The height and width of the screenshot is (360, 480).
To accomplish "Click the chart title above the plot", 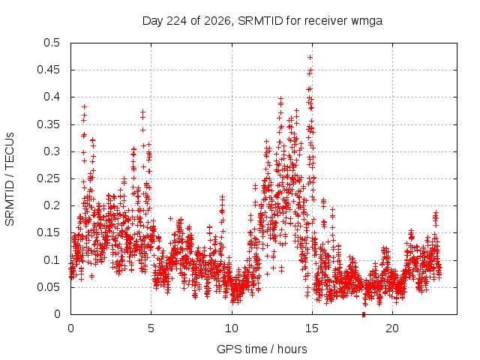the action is (x=262, y=21).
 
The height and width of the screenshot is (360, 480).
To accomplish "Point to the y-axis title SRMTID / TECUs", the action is (x=10, y=179).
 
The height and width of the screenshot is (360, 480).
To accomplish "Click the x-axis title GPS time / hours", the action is (x=262, y=349).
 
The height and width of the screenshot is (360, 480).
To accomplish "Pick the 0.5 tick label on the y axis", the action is (x=52, y=43).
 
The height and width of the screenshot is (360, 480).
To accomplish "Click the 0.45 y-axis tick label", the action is (x=48, y=70).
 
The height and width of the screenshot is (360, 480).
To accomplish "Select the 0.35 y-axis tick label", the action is (x=48, y=124).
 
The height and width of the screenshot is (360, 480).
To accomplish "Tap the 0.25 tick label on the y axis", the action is (x=48, y=178).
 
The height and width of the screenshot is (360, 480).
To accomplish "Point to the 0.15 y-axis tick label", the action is (x=48, y=232).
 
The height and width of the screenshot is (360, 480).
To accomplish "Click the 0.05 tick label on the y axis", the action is (x=48, y=287).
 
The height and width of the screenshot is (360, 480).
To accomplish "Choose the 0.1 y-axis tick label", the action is (x=52, y=260).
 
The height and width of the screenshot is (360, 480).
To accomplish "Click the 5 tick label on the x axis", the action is (x=151, y=328).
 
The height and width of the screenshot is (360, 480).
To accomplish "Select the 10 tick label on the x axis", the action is (x=232, y=328).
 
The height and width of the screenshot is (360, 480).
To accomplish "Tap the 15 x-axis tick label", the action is (x=312, y=328).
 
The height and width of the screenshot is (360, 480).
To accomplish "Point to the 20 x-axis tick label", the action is (x=392, y=328).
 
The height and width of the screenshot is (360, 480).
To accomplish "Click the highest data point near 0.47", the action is (x=310, y=57).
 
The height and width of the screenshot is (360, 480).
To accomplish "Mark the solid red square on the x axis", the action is (x=364, y=314).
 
